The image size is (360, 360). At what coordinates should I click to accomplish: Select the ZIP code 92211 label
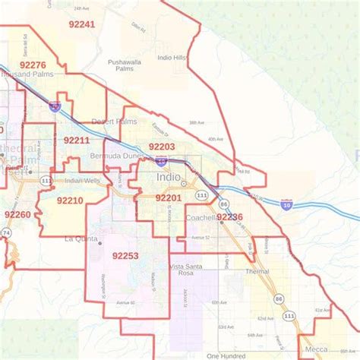tap(77, 140)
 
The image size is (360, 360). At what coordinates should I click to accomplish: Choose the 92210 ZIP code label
tap(70, 201)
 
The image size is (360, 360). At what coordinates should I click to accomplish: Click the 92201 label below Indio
tap(168, 197)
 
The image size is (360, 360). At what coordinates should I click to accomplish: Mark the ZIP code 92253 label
tap(125, 256)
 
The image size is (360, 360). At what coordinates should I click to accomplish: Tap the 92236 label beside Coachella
tap(229, 217)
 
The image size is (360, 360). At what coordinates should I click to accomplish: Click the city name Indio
tap(168, 177)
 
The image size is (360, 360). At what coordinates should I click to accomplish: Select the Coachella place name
tap(202, 218)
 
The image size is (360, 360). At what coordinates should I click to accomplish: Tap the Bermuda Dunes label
tap(114, 155)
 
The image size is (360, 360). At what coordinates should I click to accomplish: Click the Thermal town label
tap(257, 270)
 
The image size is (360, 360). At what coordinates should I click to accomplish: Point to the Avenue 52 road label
tap(198, 237)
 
